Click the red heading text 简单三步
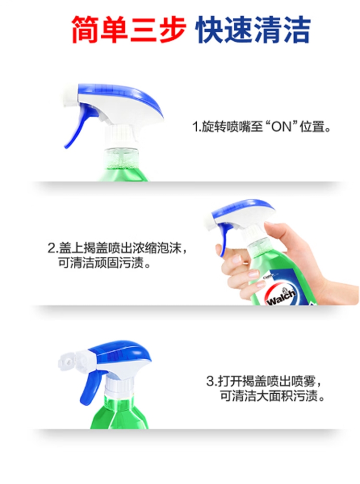[x=129, y=30]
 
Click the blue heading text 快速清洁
[x=253, y=30]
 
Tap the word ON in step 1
[x=281, y=127]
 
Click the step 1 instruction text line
[x=261, y=127]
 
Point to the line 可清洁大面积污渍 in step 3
[x=272, y=396]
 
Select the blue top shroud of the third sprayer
[x=121, y=352]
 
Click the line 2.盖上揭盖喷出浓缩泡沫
[x=117, y=248]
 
